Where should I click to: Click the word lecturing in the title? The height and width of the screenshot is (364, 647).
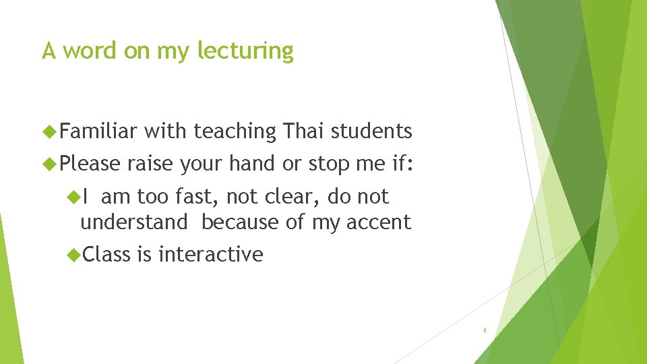tap(245, 51)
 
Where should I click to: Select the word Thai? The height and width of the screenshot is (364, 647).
tap(305, 131)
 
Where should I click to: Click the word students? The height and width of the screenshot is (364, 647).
tap(373, 131)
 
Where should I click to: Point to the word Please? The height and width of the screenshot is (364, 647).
tap(90, 163)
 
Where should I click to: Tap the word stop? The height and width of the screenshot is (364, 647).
tap(331, 163)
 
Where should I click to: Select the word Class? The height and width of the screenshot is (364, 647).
tap(107, 254)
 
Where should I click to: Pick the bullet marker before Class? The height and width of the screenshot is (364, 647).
tap(73, 254)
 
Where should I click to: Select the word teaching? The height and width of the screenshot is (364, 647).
tap(235, 131)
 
